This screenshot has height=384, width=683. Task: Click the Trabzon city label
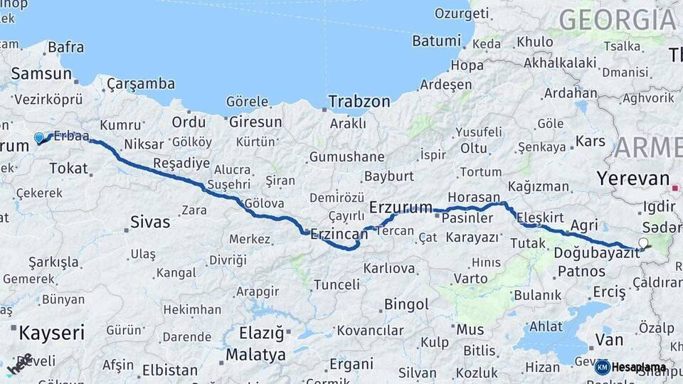coord(359,102)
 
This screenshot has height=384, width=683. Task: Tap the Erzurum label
coord(401,208)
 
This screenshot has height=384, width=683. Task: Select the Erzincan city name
coord(339,233)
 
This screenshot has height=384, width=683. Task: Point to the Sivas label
coord(150,222)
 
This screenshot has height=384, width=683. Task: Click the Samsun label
coord(41,73)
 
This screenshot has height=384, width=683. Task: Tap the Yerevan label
coord(633,178)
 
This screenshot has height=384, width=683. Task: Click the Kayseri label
coord(51,332)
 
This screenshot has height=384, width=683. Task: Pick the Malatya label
coord(255,354)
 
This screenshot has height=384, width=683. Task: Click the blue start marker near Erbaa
coord(39,137)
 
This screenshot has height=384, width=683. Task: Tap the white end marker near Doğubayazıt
coord(644,243)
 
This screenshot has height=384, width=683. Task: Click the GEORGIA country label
coord(617,19)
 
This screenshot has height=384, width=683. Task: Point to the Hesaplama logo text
coord(638,367)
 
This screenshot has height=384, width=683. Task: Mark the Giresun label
coord(255,122)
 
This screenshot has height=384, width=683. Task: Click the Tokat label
coord(68,169)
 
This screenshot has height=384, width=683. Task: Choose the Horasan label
coord(474,197)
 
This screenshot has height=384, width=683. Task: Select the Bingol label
coord(406,305)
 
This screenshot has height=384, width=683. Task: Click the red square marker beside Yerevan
coord(674,188)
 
